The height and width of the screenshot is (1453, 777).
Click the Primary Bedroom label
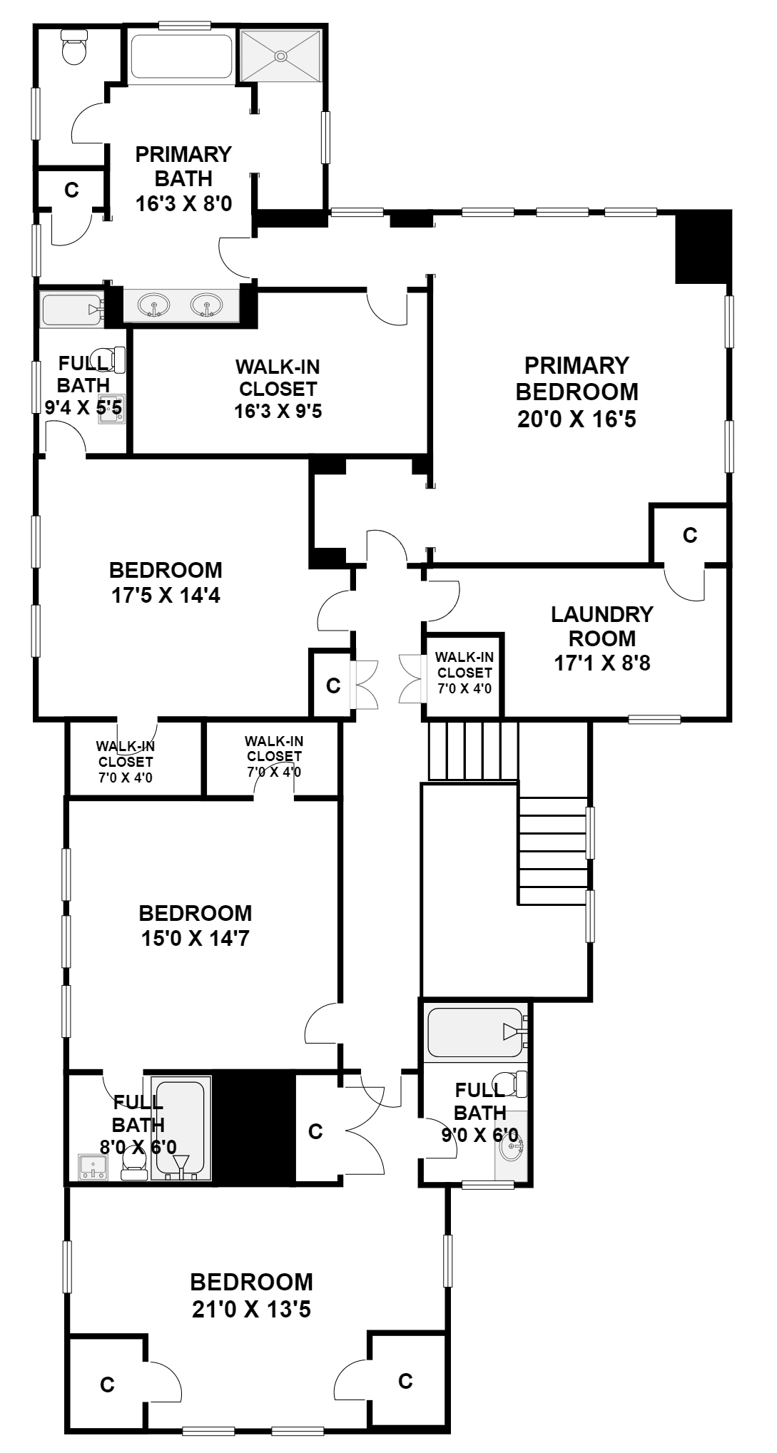[x=577, y=392]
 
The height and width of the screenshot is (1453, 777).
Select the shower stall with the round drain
[x=282, y=56]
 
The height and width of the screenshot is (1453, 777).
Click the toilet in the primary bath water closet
[x=74, y=47]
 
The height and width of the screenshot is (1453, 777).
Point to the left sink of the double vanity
[x=154, y=306]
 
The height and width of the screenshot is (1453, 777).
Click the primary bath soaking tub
[x=182, y=56]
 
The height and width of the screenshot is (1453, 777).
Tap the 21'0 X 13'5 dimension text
[x=250, y=1310]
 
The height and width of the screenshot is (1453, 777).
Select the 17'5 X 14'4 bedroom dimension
[x=166, y=594]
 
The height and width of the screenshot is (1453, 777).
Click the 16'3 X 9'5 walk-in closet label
[x=278, y=412]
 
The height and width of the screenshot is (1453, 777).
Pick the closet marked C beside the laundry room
[x=689, y=535]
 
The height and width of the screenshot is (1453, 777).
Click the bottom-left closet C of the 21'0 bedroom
[x=107, y=1385]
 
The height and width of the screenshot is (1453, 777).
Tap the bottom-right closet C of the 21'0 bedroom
[x=405, y=1381]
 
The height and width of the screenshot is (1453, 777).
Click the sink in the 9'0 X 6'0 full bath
[x=512, y=1147]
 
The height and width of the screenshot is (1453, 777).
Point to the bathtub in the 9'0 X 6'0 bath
[x=474, y=1031]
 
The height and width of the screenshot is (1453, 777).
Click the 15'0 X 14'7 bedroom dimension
[x=195, y=938]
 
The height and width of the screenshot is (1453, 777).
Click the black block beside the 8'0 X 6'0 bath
[x=255, y=1128]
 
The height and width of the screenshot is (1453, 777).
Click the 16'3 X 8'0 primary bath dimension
[x=183, y=203]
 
